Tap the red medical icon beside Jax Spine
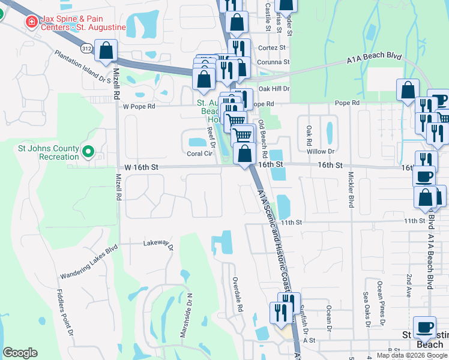29,22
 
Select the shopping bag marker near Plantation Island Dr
106,52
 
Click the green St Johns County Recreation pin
89,152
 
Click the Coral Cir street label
200,154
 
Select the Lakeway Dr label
157,245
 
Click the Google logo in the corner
20,353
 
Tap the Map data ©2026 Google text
412,355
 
